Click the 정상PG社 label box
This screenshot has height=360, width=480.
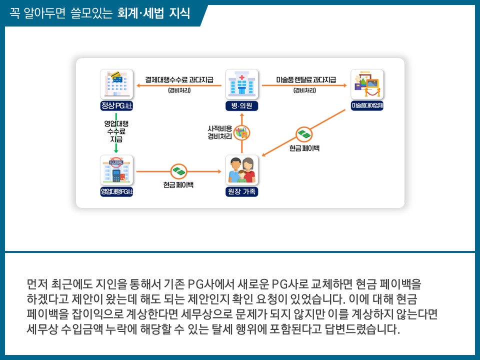pyautogui.click(x=116, y=106)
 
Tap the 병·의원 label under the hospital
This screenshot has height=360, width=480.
pyautogui.click(x=241, y=106)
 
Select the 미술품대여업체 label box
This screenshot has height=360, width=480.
pyautogui.click(x=367, y=106)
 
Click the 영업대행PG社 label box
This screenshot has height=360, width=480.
pyautogui.click(x=116, y=191)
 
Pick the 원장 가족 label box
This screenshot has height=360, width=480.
pyautogui.click(x=241, y=191)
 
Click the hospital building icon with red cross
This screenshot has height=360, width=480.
pyautogui.click(x=241, y=85)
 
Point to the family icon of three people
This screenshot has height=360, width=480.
pyautogui.click(x=241, y=170)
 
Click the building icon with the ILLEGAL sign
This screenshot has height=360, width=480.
pyautogui.click(x=116, y=170)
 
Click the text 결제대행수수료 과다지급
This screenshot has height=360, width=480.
pyautogui.click(x=179, y=79)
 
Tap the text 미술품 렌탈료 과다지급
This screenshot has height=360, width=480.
pyautogui.click(x=305, y=79)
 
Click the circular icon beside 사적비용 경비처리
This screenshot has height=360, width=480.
pyautogui.click(x=241, y=132)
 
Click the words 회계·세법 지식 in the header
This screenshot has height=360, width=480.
pyautogui.click(x=153, y=13)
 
